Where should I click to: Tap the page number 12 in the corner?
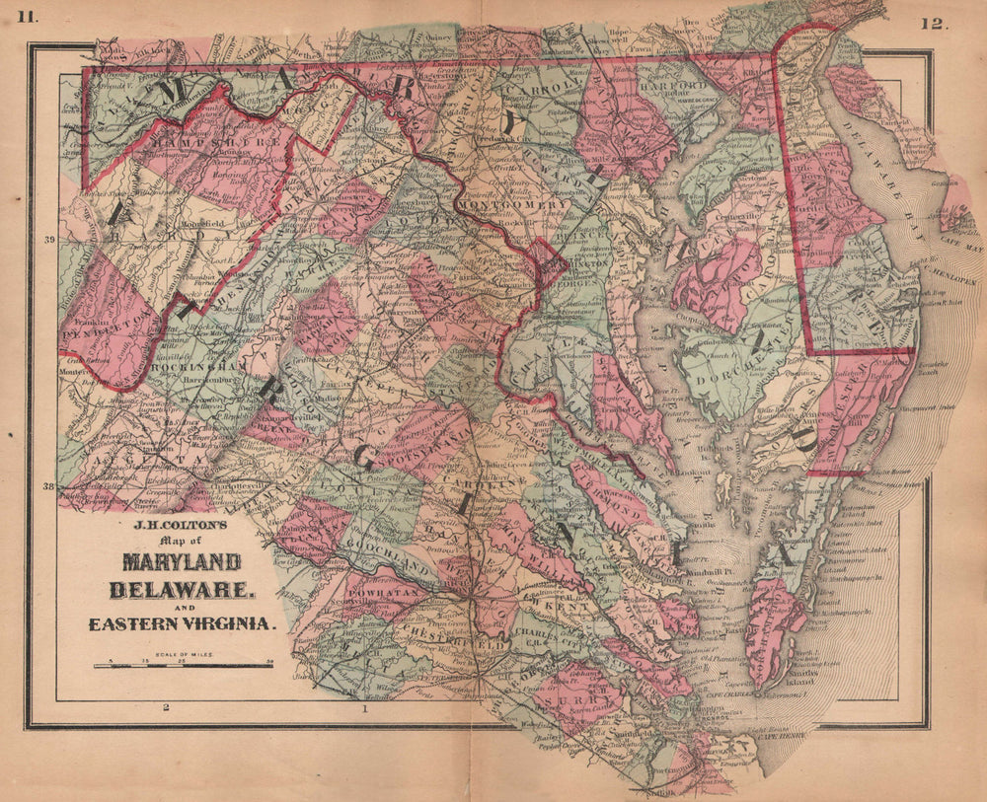coord(934,25)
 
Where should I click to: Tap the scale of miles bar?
coord(184,666)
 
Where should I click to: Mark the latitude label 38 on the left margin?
coord(46,485)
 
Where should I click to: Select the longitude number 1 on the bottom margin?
coord(365,708)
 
